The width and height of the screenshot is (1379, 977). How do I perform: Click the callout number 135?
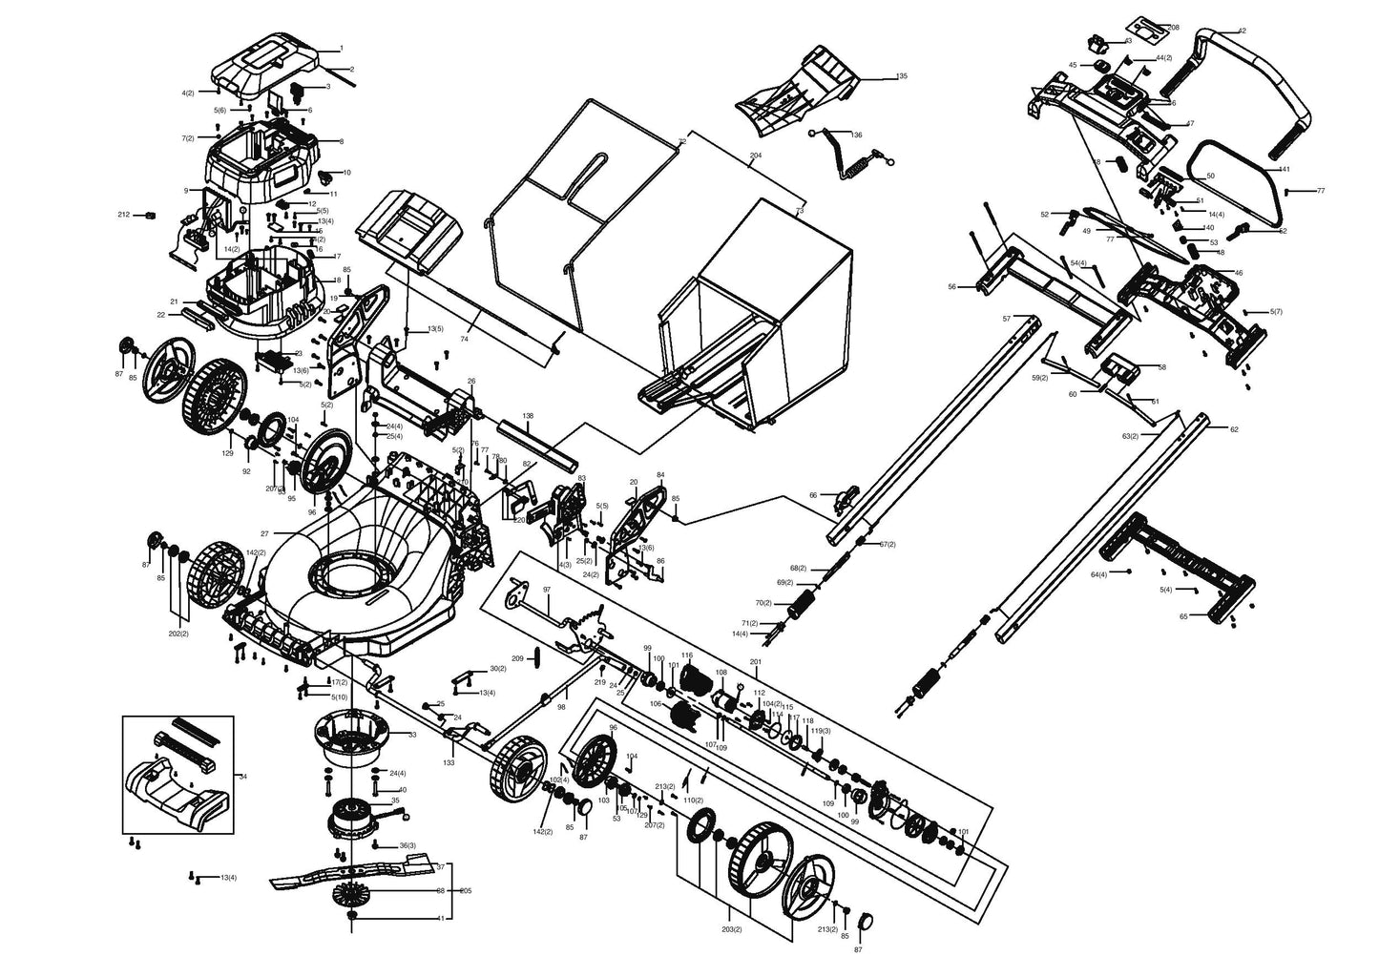[902, 75]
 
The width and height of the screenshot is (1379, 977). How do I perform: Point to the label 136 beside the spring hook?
[856, 135]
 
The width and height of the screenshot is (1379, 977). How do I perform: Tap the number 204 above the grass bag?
[755, 155]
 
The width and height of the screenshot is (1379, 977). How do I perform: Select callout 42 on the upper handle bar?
[1242, 31]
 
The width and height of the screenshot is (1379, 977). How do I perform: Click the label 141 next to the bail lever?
[1284, 169]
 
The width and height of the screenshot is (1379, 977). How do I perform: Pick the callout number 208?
[1173, 28]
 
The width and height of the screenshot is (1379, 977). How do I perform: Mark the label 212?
[123, 215]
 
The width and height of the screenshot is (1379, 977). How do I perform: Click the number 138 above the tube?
[528, 416]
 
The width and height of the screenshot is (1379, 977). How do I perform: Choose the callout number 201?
[756, 662]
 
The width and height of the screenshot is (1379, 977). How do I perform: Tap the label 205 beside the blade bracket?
[466, 891]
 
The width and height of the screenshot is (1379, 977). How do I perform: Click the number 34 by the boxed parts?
[242, 777]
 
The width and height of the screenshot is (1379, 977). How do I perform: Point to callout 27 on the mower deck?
[264, 533]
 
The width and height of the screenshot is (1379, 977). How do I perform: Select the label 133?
[449, 764]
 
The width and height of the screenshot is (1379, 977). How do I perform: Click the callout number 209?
[516, 658]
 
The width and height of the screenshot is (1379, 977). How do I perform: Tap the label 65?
[1183, 617]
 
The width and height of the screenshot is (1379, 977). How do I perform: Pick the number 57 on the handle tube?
[1006, 318]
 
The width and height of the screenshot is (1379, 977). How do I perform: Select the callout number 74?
[465, 339]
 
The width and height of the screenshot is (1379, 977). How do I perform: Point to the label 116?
[685, 655]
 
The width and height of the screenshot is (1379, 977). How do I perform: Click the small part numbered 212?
[149, 215]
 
